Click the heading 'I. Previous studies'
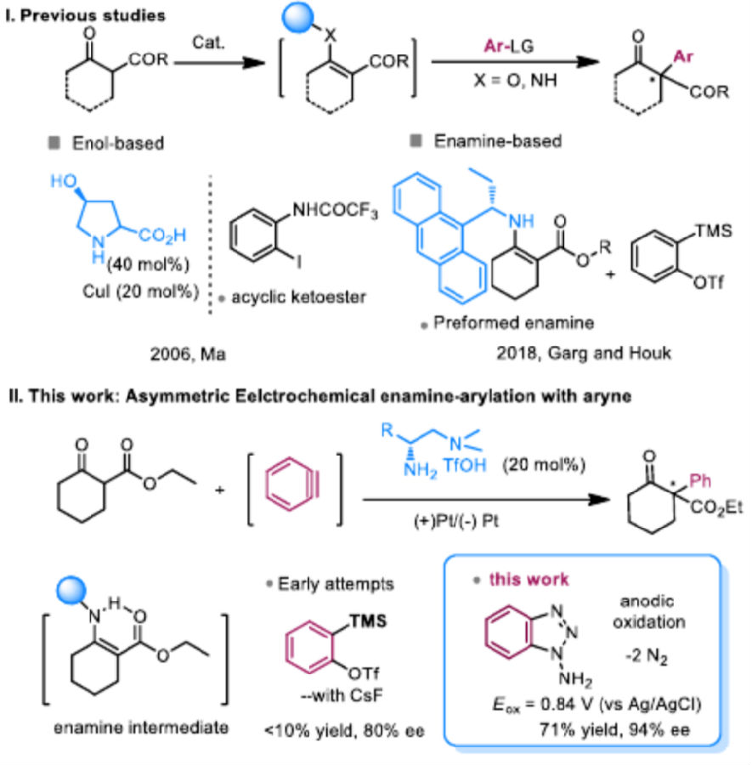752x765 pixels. [x=85, y=15]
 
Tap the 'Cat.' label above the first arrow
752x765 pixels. [x=209, y=43]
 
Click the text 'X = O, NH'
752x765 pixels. [x=516, y=80]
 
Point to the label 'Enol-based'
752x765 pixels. [x=118, y=143]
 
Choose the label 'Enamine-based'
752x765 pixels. [x=498, y=141]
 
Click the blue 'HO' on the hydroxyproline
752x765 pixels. [x=64, y=182]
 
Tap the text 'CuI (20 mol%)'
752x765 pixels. [x=141, y=292]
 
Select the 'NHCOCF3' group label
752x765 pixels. [x=335, y=211]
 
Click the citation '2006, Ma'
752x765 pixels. [x=188, y=354]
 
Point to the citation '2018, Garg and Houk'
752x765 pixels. [x=584, y=353]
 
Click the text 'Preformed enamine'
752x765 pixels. [x=513, y=322]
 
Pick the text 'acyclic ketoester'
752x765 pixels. [x=298, y=297]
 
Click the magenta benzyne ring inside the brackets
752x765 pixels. [x=292, y=484]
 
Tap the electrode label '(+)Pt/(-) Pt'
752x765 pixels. [x=456, y=522]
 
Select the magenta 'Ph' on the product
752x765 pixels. [x=700, y=482]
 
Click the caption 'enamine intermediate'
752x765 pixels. [x=141, y=728]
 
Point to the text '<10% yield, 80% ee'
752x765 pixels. [x=344, y=731]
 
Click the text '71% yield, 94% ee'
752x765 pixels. [x=615, y=730]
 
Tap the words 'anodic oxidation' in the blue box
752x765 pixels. [x=648, y=612]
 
